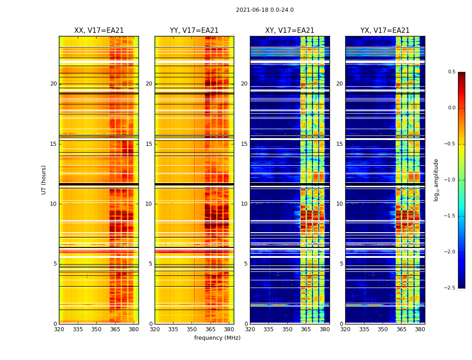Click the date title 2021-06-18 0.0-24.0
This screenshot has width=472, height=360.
[x=265, y=10]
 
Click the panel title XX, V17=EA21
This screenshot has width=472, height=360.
[x=99, y=31]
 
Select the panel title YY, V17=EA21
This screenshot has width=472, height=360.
[x=194, y=31]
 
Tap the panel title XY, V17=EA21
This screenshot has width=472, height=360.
[x=289, y=31]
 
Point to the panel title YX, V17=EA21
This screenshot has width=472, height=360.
[x=385, y=31]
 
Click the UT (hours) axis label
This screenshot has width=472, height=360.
[x=44, y=180]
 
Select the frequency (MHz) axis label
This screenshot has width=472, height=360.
[x=217, y=338]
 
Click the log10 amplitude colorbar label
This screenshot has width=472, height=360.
[x=436, y=180]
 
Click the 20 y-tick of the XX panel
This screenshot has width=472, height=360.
[x=53, y=84]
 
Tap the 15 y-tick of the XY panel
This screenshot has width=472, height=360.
[x=244, y=144]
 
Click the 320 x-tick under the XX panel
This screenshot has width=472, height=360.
[x=59, y=329]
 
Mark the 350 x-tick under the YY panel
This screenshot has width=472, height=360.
[x=192, y=329]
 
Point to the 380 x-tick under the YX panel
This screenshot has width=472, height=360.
[x=420, y=329]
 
